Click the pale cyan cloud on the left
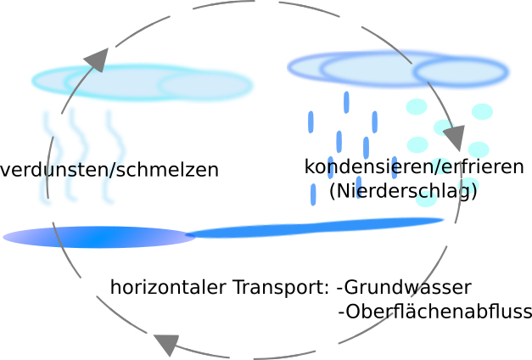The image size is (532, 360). tap(140, 82)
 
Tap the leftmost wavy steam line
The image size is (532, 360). tap(46, 157)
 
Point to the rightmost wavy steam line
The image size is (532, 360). tap(109, 157)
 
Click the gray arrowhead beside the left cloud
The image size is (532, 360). tap(97, 60)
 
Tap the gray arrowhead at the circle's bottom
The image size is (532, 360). tap(166, 344)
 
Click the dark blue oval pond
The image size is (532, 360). tap(98, 237)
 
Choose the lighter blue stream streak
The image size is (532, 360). tap(314, 227)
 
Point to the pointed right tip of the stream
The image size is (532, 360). tap(445, 220)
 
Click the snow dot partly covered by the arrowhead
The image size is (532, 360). tap(442, 127)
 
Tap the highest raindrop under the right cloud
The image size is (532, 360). tap(346, 101)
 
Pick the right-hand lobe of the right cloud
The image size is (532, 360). tap(462, 73)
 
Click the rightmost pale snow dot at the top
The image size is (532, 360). tap(482, 111)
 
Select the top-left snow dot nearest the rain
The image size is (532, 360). tap(417, 107)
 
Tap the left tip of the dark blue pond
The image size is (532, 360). tap(7, 237)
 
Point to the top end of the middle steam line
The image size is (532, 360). tap(70, 108)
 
